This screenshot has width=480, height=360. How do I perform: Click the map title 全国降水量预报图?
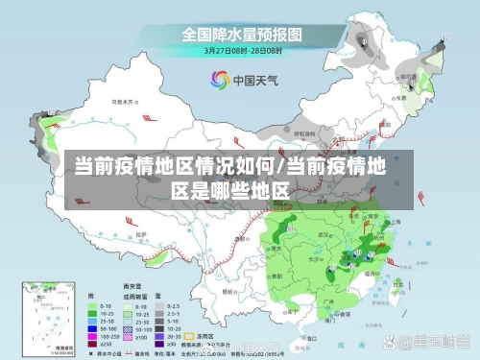coord(241,34)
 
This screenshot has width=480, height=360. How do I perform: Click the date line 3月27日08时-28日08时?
coord(241,51)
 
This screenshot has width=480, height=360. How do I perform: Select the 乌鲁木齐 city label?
coord(124,100)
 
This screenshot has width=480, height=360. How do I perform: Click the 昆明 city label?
coord(228,290)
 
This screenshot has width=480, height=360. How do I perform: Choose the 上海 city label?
coord(392,222)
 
